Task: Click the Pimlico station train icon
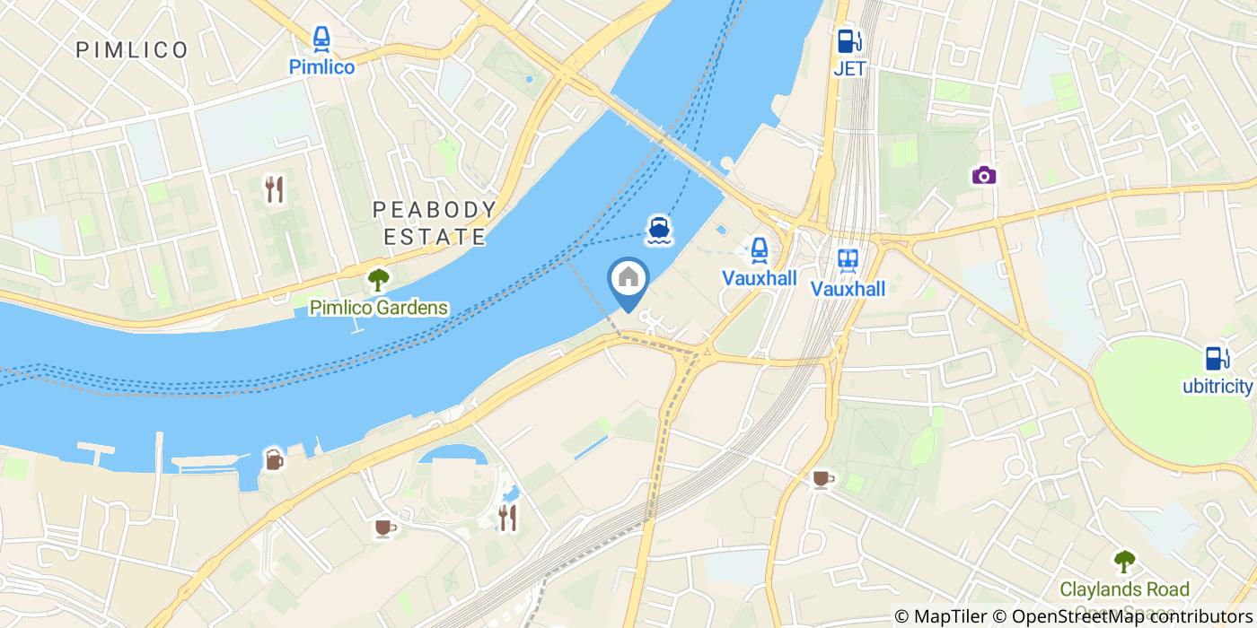[321, 39]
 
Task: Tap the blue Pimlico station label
[321, 67]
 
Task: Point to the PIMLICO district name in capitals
[132, 50]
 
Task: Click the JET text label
[848, 69]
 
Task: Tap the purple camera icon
[984, 175]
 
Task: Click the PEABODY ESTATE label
[435, 223]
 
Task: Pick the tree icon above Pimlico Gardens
[378, 280]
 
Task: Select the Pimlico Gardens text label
[378, 308]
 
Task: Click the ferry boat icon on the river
[660, 231]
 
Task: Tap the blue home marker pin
[628, 279]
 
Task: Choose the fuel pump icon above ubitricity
[1217, 358]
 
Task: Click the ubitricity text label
[1217, 387]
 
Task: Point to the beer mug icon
[273, 459]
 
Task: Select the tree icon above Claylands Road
[1123, 562]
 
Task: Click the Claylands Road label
[1124, 590]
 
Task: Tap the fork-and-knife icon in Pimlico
[274, 188]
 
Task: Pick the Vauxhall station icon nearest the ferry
[759, 249]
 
